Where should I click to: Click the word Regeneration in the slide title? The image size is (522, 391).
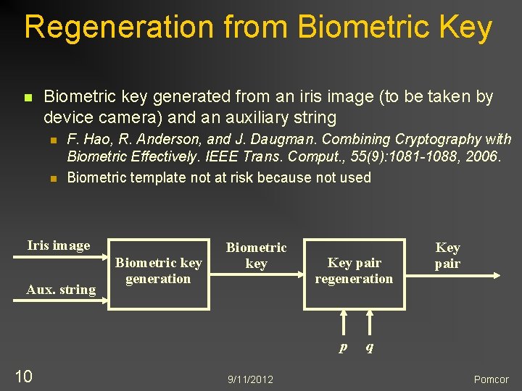(120, 28)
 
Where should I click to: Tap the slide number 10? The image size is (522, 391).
(23, 376)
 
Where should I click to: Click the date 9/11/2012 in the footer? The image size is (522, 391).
(250, 379)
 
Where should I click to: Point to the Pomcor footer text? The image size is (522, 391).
(491, 379)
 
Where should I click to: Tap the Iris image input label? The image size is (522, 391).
(59, 245)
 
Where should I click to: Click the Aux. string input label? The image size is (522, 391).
(61, 290)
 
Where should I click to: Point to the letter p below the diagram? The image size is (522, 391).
(343, 347)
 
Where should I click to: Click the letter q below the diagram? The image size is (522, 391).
(370, 347)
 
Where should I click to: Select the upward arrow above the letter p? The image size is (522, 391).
(344, 323)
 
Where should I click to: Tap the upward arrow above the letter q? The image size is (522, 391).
(370, 323)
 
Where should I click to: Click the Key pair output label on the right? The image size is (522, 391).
(447, 256)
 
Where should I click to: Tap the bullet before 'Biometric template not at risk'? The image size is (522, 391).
(52, 178)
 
